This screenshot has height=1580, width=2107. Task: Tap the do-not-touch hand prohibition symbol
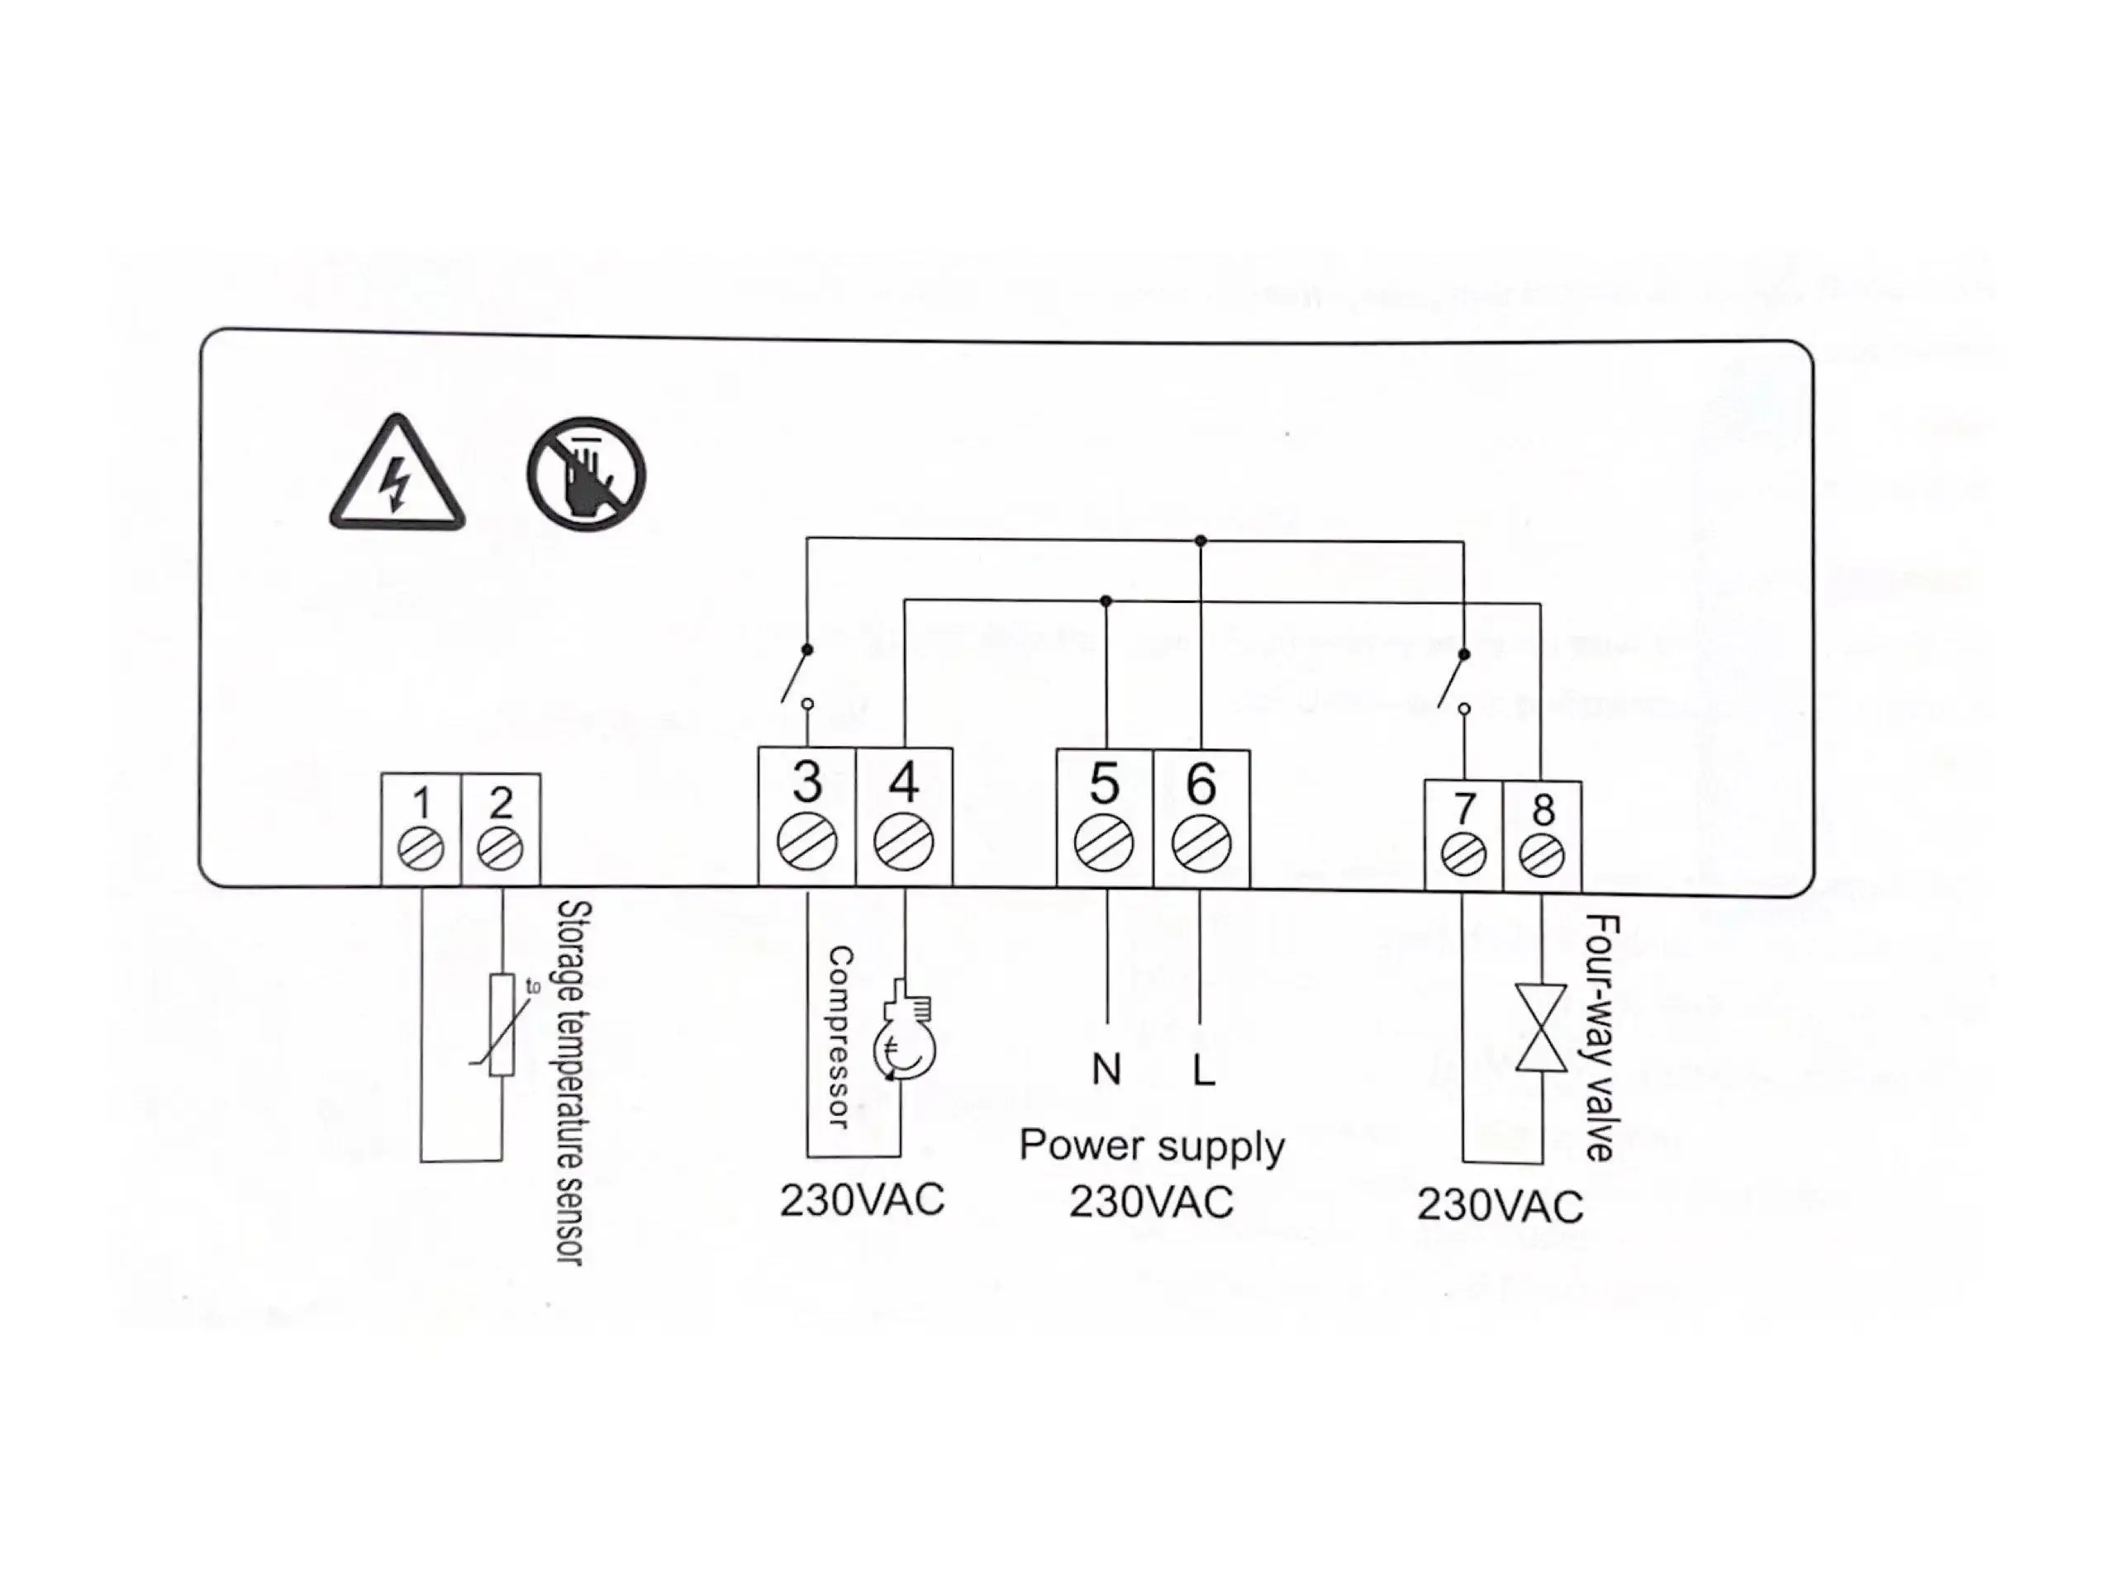pyautogui.click(x=586, y=473)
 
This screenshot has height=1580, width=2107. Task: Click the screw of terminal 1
pyautogui.click(x=421, y=848)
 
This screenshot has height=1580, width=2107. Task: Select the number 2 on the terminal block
pyautogui.click(x=501, y=804)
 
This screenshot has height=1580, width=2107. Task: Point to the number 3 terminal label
pyautogui.click(x=806, y=782)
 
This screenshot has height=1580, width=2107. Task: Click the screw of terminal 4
pyautogui.click(x=903, y=842)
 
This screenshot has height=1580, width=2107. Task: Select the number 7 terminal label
pyautogui.click(x=1464, y=809)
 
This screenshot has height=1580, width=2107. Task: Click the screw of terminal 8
pyautogui.click(x=1542, y=855)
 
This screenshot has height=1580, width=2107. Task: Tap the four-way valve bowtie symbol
pyautogui.click(x=1541, y=1027)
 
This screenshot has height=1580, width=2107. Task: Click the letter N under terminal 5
pyautogui.click(x=1106, y=1070)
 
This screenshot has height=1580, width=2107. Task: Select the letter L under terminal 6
pyautogui.click(x=1204, y=1070)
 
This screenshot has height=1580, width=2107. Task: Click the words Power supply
pyautogui.click(x=1152, y=1146)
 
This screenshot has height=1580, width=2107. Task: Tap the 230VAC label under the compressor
pyautogui.click(x=862, y=1200)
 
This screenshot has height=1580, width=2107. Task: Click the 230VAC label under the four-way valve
pyautogui.click(x=1501, y=1206)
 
